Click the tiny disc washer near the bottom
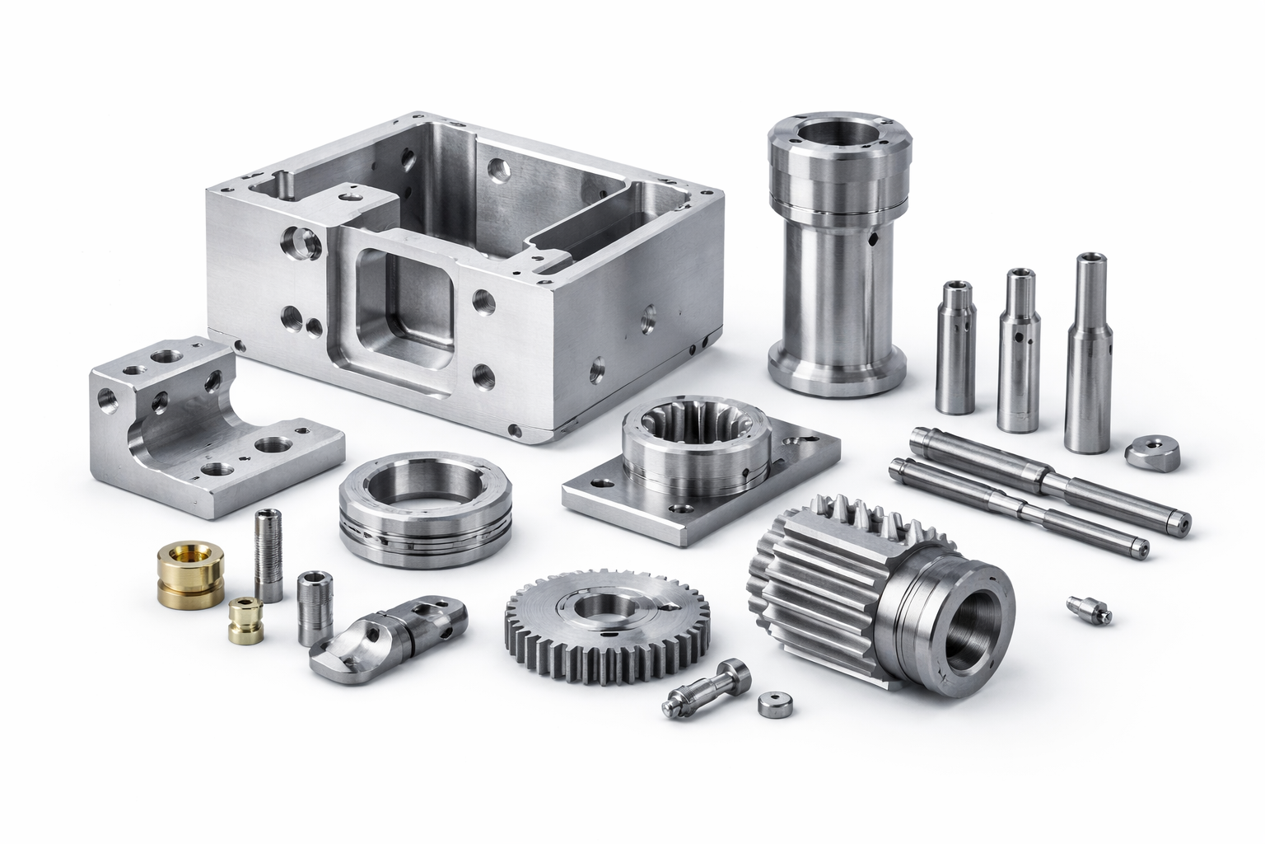pyautogui.click(x=772, y=705)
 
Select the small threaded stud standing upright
pyautogui.click(x=268, y=556)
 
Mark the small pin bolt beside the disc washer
pyautogui.click(x=708, y=688)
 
